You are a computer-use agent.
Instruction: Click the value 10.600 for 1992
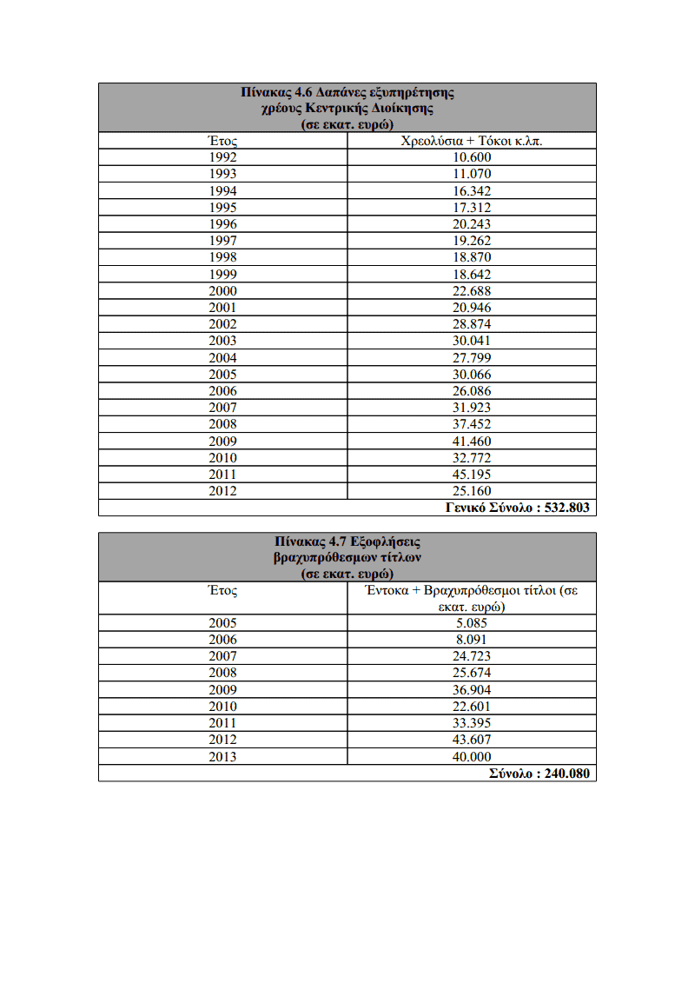pos(472,157)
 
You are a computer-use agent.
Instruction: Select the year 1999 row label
pos(223,275)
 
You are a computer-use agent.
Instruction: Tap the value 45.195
pos(472,475)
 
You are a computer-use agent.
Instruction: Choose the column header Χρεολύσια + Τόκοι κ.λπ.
pos(472,141)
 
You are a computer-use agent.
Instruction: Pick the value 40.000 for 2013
pos(472,757)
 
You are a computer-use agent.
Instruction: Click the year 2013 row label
pos(223,757)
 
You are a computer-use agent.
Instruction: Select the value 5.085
pos(472,623)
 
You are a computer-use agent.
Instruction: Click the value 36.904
pos(472,690)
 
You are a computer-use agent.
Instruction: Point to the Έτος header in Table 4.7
pos(223,590)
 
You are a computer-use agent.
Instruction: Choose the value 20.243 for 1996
pos(472,224)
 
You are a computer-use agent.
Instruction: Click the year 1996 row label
pos(223,224)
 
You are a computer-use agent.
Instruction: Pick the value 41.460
pos(472,442)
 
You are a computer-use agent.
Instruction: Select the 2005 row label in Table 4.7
pos(223,623)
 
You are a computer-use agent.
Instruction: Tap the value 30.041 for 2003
pos(472,341)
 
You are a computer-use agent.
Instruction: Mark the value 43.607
pos(472,741)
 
